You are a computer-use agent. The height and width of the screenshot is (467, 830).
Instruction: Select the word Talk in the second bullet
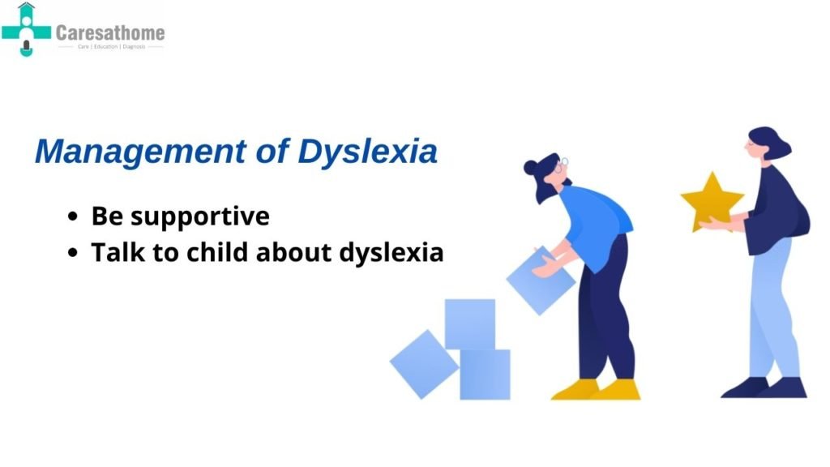[x=113, y=252]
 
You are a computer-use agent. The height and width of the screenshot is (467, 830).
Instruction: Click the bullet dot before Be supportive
[x=75, y=218]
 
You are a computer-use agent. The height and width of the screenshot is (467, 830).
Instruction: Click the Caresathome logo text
[x=110, y=33]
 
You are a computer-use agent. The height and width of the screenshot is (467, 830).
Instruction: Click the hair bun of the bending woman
[x=531, y=168]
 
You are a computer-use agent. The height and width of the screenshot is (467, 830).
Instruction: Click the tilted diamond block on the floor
[x=424, y=363]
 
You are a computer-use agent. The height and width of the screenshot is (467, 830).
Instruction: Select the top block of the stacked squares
[x=469, y=323]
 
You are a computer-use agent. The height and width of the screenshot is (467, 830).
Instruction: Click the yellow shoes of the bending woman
[x=596, y=390]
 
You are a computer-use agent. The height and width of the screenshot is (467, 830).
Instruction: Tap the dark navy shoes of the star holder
[x=764, y=388]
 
